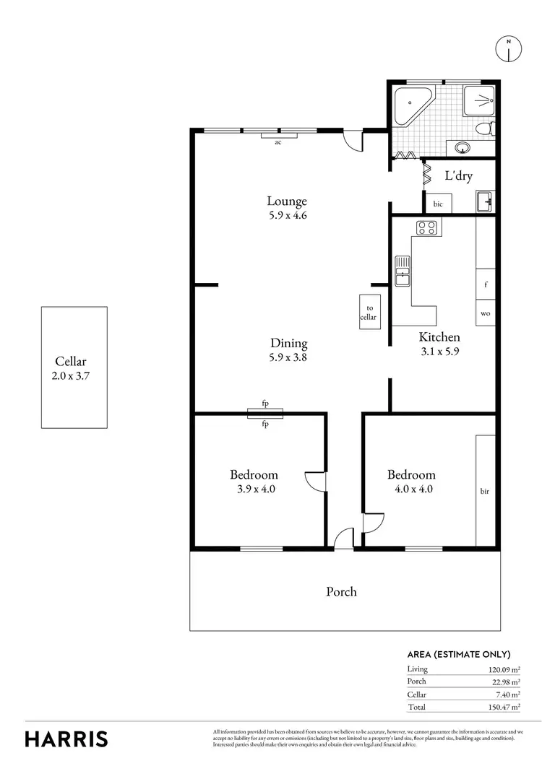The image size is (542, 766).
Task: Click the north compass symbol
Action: [509, 48]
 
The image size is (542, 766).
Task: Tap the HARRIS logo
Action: [66, 739]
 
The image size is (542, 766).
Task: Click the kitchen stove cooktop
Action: [426, 229]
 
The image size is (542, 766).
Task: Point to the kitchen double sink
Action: [402, 270]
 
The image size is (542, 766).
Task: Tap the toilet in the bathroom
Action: [486, 130]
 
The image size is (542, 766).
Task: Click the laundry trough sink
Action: [485, 201]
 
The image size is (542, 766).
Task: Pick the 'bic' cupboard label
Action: [438, 204]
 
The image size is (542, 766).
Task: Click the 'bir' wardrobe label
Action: [485, 492]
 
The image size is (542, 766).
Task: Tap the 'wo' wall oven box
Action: [486, 313]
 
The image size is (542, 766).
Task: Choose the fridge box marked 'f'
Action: [486, 284]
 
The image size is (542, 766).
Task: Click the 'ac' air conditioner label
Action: [278, 142]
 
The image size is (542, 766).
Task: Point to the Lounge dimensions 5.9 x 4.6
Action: [287, 215]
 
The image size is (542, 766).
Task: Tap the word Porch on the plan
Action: [342, 591]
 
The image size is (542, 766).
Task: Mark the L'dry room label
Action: [458, 175]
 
